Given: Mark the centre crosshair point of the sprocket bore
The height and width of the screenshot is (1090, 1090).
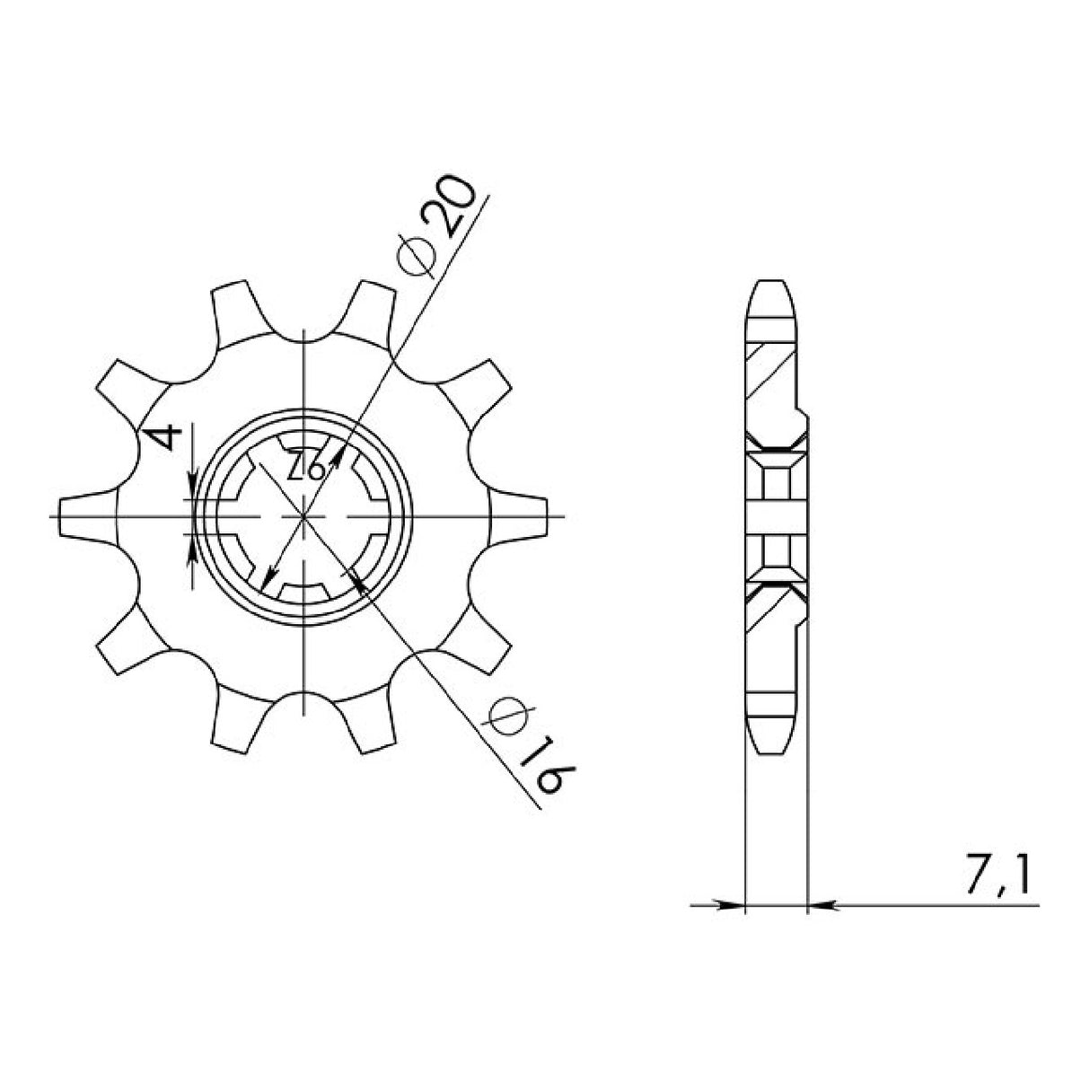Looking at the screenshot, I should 305,517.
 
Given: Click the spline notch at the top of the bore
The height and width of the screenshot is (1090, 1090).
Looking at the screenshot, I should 305,444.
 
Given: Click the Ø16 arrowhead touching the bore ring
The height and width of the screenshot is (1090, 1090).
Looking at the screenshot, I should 360,585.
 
